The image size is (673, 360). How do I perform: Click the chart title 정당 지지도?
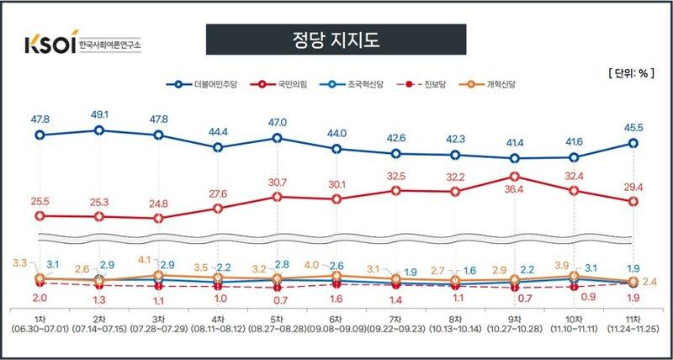(x=336, y=40)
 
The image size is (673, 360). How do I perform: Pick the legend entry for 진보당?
(x=438, y=84)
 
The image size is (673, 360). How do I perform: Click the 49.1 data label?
(x=99, y=116)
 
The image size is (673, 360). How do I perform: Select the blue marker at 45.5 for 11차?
(x=633, y=143)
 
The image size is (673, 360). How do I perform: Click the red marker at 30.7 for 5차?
(x=277, y=197)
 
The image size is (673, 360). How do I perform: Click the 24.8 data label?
(x=158, y=203)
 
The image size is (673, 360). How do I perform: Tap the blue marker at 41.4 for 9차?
(x=514, y=157)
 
